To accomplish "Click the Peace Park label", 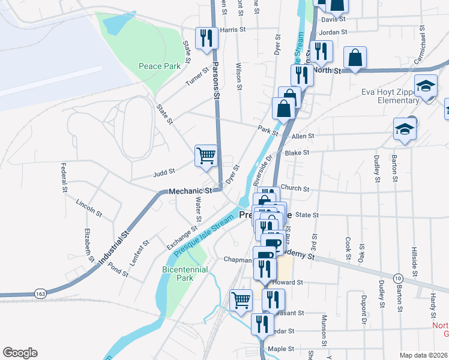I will [159, 66].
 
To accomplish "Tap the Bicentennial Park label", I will [185, 274].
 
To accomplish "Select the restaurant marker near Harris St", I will [206, 37].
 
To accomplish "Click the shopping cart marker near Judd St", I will [206, 155].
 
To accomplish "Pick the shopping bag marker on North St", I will [355, 58].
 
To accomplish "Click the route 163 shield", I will [40, 294].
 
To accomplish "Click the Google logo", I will [20, 353].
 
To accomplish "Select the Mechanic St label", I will [191, 191].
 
